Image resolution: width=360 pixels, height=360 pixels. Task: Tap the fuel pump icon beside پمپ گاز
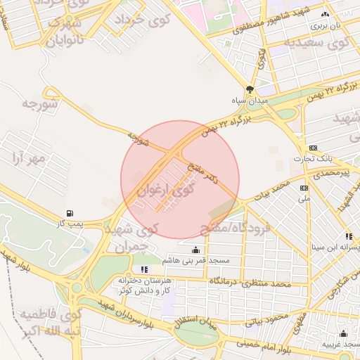point(69,213)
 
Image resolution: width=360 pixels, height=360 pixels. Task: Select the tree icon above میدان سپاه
point(250,89)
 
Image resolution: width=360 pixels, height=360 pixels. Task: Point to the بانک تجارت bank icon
point(312,148)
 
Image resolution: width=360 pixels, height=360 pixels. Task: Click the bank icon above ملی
point(304,188)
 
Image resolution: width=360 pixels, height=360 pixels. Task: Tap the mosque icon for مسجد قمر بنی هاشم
point(195,250)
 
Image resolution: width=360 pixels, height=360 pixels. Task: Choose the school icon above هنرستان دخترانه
point(144,269)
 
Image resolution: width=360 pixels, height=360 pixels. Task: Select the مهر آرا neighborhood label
point(29,159)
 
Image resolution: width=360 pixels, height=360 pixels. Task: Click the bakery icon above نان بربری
point(325,14)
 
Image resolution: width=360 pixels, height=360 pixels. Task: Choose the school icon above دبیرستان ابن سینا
point(349,236)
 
